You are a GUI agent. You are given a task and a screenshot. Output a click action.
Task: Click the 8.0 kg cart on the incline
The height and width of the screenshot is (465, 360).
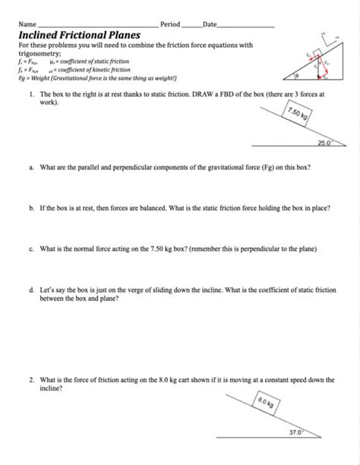[266, 404]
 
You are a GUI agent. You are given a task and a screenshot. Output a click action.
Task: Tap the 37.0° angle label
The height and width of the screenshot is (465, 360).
[295, 432]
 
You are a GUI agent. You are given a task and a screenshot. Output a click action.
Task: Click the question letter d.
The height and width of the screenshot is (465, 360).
[30, 290]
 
